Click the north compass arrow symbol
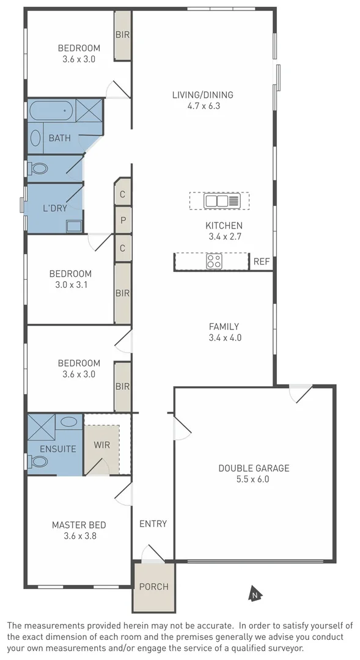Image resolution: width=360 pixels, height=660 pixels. click(255, 592)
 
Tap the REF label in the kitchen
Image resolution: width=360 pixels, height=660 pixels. click(262, 262)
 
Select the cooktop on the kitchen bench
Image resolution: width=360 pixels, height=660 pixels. click(214, 262)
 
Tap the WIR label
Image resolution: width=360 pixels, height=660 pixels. click(102, 444)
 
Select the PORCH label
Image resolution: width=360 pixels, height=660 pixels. click(153, 587)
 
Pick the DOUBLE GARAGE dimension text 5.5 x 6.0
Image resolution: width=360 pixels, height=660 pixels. click(254, 479)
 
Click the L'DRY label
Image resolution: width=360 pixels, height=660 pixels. click(55, 208)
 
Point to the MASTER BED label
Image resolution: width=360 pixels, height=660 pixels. click(79, 525)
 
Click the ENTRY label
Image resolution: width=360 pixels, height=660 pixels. click(153, 524)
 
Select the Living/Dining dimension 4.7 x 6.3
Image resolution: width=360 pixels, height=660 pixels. click(202, 106)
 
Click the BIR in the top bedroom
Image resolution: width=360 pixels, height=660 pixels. click(123, 34)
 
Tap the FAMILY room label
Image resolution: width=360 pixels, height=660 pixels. click(224, 326)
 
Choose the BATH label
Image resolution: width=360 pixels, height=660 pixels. click(59, 138)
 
